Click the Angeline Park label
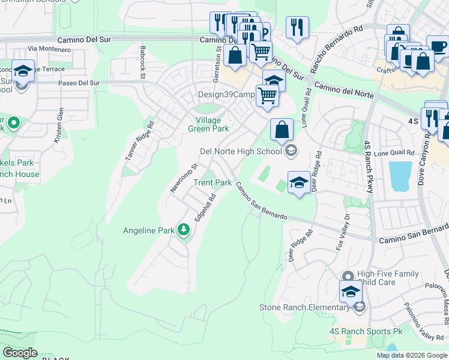148,230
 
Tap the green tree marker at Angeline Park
184,230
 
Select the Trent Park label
212,182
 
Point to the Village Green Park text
208,124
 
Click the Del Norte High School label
241,151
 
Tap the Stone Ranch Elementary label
304,308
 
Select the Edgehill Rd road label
204,207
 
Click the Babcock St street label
143,62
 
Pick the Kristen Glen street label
59,124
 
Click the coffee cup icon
438,46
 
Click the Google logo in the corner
20,353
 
